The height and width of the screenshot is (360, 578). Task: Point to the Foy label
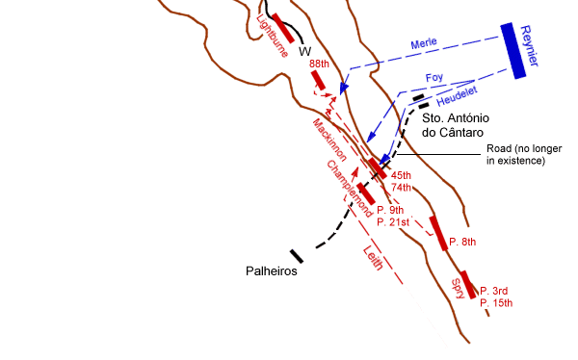pyautogui.click(x=434, y=78)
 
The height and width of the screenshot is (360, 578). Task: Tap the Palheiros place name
pyautogui.click(x=270, y=271)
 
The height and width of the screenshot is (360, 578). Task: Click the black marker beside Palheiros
pyautogui.click(x=297, y=256)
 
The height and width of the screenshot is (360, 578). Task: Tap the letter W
pyautogui.click(x=304, y=51)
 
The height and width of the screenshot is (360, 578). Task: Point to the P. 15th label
pyautogui.click(x=495, y=303)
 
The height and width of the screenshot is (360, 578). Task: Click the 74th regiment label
pyautogui.click(x=402, y=188)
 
